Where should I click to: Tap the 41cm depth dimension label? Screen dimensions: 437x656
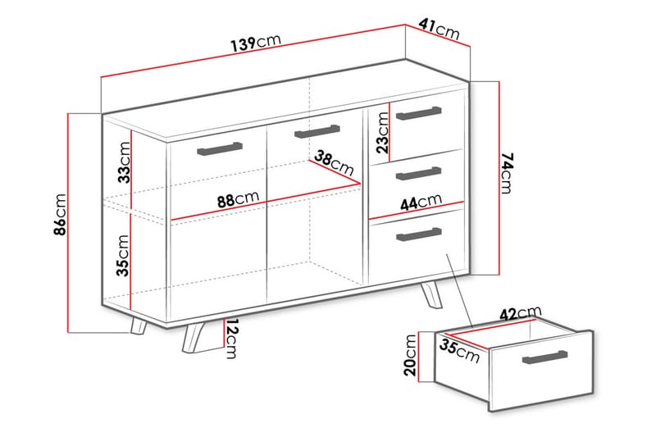pyautogui.click(x=438, y=30)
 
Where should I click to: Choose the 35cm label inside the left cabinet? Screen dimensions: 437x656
pyautogui.click(x=123, y=255)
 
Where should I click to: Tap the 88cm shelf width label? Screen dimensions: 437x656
pyautogui.click(x=239, y=199)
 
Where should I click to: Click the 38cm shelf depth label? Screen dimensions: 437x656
pyautogui.click(x=335, y=164)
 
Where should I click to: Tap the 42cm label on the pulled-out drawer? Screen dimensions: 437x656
pyautogui.click(x=521, y=312)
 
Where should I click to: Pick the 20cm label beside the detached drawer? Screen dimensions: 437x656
pyautogui.click(x=410, y=354)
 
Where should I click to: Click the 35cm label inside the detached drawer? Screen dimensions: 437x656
pyautogui.click(x=458, y=350)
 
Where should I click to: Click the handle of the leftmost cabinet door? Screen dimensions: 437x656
pyautogui.click(x=220, y=148)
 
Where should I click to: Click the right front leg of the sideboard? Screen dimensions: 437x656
pyautogui.click(x=433, y=296)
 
